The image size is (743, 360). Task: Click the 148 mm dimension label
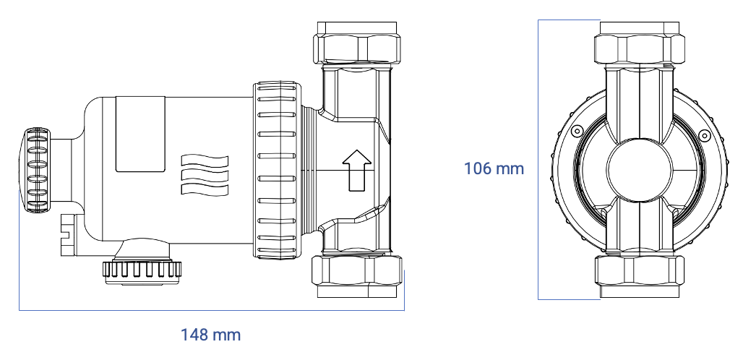210,335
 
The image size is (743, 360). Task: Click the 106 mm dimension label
494,168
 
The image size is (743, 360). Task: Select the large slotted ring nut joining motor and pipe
277,171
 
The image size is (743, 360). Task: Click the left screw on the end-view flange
576,131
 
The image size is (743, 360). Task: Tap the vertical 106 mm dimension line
539,217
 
